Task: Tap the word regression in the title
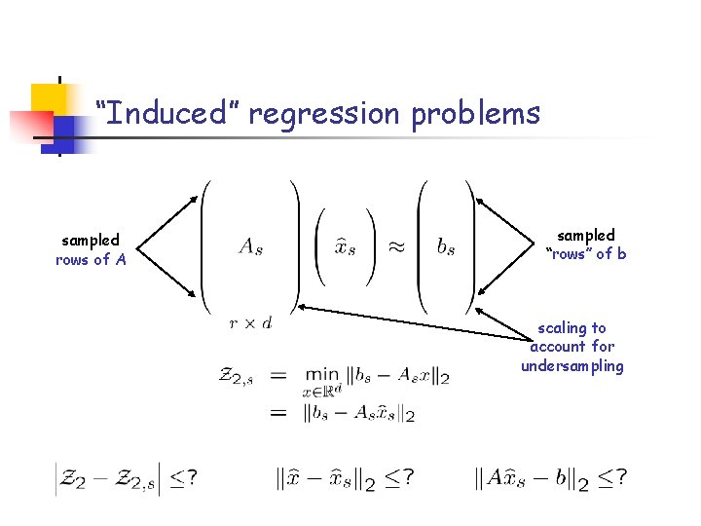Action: [x=324, y=114]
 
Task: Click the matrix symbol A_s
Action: [x=250, y=246]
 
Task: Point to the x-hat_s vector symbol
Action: [x=345, y=246]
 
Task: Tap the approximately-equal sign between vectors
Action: [x=397, y=246]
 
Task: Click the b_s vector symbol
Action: [x=446, y=246]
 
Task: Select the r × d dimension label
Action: [x=250, y=322]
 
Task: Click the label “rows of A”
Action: [x=91, y=260]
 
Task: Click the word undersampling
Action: [x=572, y=366]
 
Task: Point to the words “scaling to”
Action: [x=572, y=328]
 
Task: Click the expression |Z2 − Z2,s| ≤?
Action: [x=127, y=477]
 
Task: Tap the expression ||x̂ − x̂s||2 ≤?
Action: [x=345, y=477]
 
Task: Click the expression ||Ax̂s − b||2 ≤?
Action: [x=550, y=477]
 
